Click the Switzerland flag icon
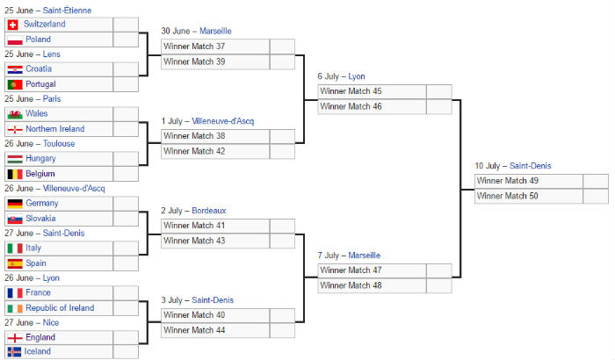[x=12, y=25]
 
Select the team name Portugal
[x=40, y=84]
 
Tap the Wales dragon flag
[x=15, y=114]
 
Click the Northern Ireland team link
[x=55, y=129]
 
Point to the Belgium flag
[x=15, y=174]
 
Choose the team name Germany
[x=42, y=203]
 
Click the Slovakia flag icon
[x=15, y=219]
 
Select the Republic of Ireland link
[x=60, y=308]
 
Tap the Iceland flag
[x=14, y=352]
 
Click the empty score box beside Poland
[x=126, y=40]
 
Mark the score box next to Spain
[x=126, y=263]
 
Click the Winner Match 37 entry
[x=194, y=47]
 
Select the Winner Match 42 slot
[x=194, y=151]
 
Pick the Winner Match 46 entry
[x=351, y=106]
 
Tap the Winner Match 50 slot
[x=507, y=196]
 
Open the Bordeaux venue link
[x=209, y=211]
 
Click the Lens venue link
[x=51, y=54]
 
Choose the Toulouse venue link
[x=59, y=143]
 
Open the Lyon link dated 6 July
[x=357, y=76]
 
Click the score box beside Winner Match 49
[x=596, y=181]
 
